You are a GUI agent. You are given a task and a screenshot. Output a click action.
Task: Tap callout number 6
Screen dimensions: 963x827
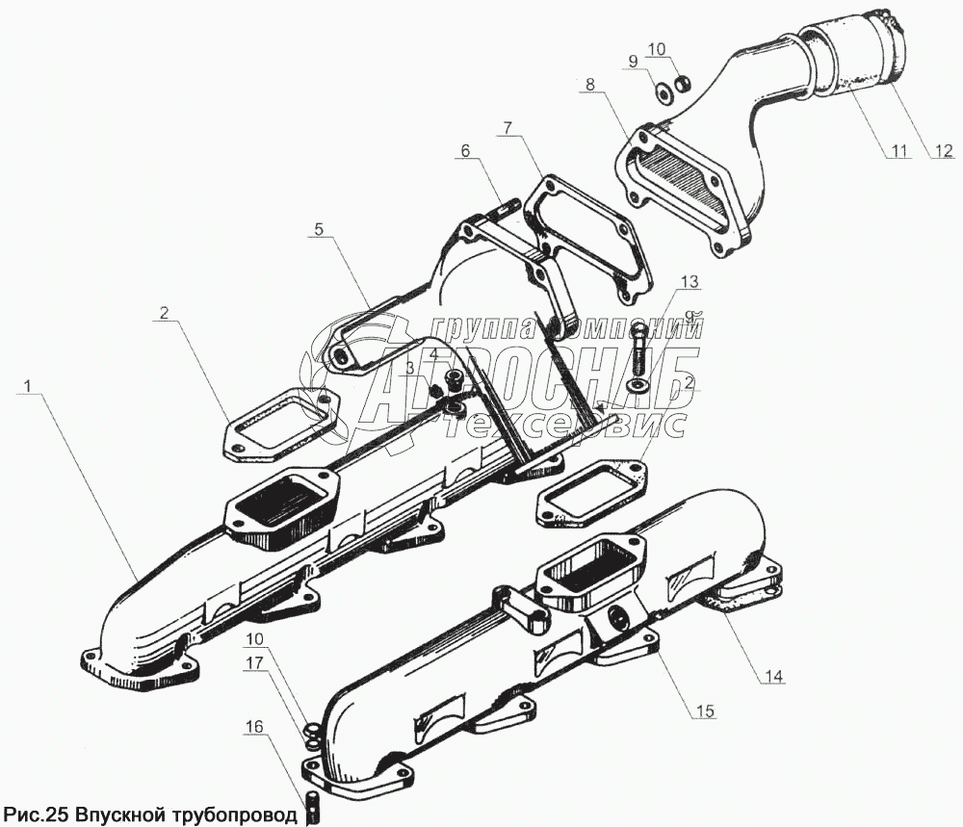[x=465, y=151]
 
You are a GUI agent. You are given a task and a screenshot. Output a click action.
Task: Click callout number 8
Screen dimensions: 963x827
[x=588, y=85]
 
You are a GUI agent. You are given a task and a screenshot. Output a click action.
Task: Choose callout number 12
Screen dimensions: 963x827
[x=941, y=151]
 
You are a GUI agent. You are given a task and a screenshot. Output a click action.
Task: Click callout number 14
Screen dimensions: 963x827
[x=769, y=676]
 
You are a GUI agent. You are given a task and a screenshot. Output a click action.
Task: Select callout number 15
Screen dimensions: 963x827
[x=705, y=711]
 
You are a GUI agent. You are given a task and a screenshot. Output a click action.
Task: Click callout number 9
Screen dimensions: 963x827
[x=633, y=62]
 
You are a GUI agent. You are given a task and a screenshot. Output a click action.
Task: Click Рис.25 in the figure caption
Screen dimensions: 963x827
[x=37, y=813]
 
